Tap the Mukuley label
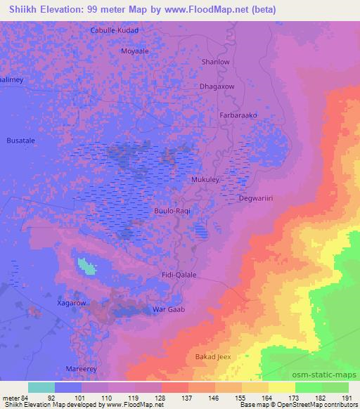tap(206, 180)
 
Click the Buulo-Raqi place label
tap(173, 210)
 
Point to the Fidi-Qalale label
tap(179, 275)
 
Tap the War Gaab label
tap(168, 309)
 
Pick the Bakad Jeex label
tap(213, 358)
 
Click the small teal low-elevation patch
tap(87, 266)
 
